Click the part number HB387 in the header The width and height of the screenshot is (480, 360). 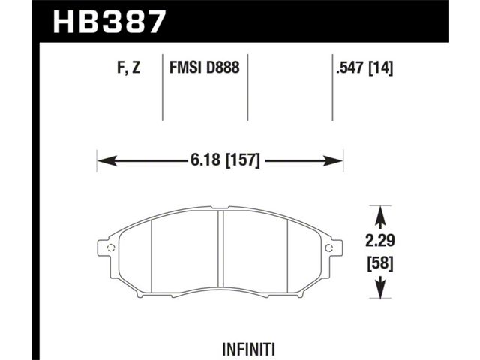(109, 21)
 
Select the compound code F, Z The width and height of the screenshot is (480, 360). (128, 67)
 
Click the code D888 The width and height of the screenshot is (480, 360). (223, 67)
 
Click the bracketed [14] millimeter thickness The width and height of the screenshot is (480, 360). (380, 67)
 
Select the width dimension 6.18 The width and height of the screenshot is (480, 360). (205, 160)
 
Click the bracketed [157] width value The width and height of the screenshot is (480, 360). (242, 160)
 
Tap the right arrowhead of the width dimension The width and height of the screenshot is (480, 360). (333, 160)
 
